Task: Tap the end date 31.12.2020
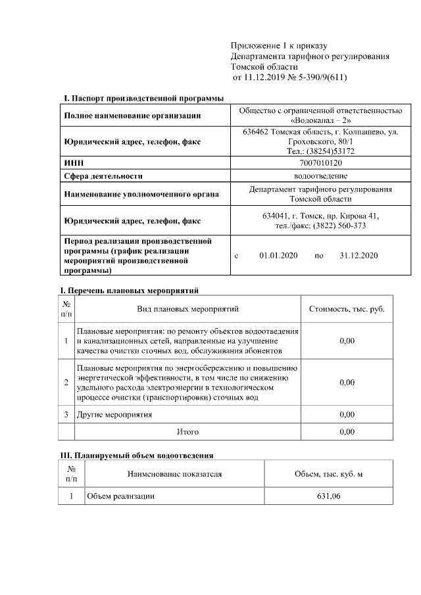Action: [x=359, y=256]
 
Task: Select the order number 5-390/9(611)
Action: [x=314, y=78]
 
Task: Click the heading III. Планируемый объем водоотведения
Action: [x=136, y=455]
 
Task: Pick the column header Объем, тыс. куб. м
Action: [x=328, y=473]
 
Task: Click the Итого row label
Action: [x=187, y=432]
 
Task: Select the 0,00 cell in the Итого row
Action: [x=347, y=432]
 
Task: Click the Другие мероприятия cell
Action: [x=114, y=415]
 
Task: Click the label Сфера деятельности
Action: [x=103, y=176]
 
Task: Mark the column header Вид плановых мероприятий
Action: [x=187, y=308]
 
